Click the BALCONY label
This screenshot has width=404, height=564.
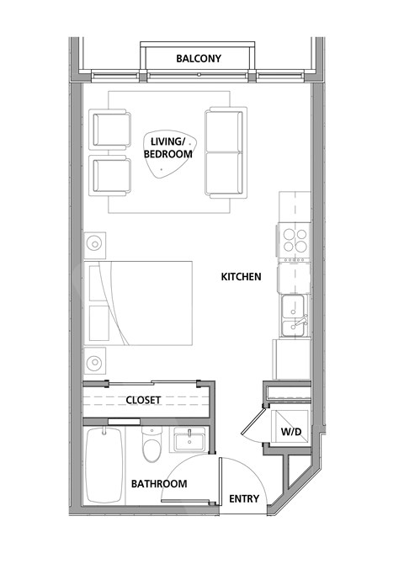pos(199,59)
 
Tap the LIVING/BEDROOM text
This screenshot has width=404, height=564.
pos(167,149)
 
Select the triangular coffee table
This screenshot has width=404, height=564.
pos(168,160)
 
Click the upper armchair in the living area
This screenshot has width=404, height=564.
pos(112,129)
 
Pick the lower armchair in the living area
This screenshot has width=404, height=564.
pos(112,174)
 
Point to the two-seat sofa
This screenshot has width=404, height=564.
pos(225,152)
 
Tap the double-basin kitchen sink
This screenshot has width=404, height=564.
pos(295,316)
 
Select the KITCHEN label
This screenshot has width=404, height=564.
pos(241,276)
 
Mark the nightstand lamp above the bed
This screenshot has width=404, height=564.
pos(95,244)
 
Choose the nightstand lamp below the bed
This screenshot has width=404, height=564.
pos(95,363)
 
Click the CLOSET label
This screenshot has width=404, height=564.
pos(143,400)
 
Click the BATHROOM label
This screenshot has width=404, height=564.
pos(158,484)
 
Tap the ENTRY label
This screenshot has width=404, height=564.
pos(244,499)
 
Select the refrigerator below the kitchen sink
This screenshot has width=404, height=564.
pos(291,358)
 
